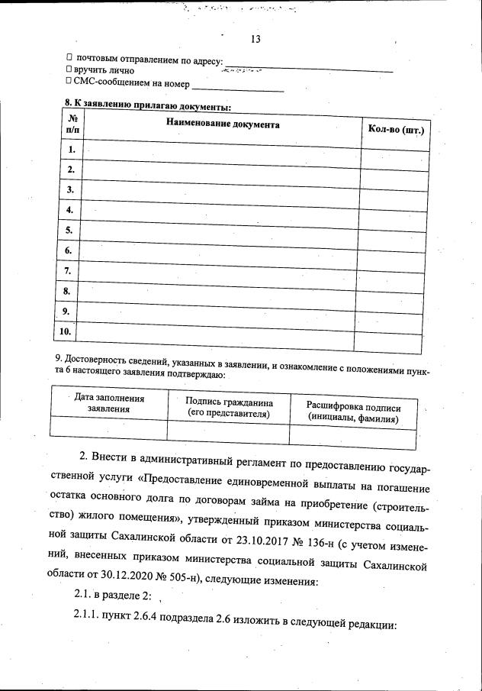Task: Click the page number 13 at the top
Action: (255, 40)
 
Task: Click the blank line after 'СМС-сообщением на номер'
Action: (237, 87)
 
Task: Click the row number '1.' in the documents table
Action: (71, 150)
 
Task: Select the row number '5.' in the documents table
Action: (69, 229)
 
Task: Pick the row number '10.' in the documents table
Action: (66, 331)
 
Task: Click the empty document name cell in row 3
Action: (220, 191)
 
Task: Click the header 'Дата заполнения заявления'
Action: (109, 402)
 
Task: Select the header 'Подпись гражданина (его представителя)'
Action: (229, 407)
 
